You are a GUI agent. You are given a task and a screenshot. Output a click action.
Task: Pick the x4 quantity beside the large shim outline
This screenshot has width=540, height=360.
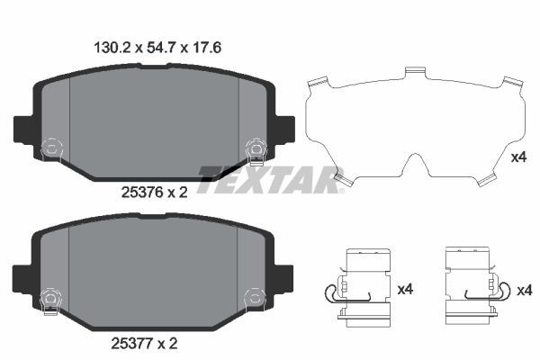point(517,157)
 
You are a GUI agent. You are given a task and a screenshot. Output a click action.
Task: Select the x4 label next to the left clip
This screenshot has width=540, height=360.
point(406,290)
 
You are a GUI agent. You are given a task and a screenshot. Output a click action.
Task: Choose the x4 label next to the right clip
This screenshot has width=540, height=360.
point(526,290)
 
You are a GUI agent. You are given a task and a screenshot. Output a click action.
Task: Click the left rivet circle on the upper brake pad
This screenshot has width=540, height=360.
point(50,147)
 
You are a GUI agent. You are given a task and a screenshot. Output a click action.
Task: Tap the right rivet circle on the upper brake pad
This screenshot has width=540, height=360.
point(256,147)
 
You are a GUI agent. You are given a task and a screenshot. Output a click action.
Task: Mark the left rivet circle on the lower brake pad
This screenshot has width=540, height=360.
point(50,294)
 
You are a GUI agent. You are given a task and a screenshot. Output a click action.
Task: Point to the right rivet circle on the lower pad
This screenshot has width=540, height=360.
point(256,294)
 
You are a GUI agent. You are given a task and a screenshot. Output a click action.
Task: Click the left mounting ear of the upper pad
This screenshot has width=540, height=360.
point(23,129)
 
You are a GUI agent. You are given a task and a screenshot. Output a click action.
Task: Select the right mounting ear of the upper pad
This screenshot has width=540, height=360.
point(284,127)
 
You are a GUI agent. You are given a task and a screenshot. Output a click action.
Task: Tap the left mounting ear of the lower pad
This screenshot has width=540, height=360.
point(23,276)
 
